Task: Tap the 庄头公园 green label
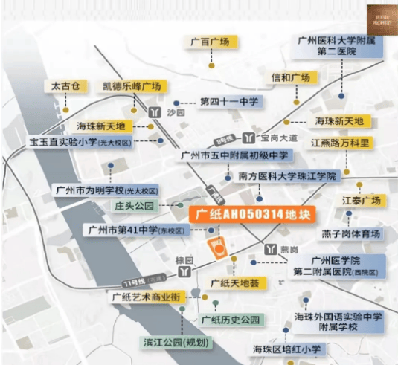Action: pos(134,204)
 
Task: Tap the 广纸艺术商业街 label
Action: pos(145,297)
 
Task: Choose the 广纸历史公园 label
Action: pos(230,320)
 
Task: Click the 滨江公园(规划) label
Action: pos(177,343)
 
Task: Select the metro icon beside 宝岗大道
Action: pos(249,138)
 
